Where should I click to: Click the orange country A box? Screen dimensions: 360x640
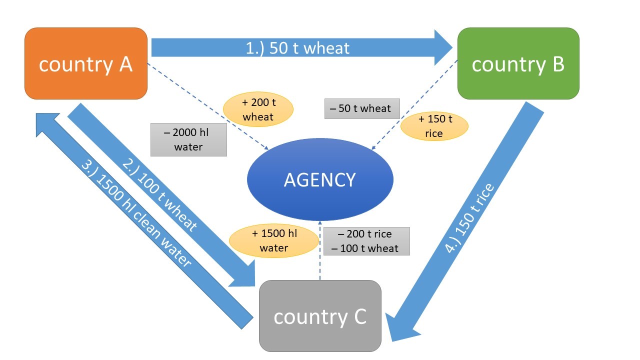coord(85,63)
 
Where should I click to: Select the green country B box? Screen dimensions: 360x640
coord(518,63)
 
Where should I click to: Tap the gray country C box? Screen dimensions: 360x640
coord(320,316)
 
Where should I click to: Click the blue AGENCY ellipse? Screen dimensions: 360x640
coord(320,179)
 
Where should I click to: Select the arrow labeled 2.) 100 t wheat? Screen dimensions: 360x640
coord(160,195)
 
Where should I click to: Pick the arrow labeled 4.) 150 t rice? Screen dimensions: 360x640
coord(470,220)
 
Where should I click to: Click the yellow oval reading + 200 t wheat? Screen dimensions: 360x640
coord(258,110)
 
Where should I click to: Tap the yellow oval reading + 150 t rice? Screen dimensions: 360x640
coord(434,126)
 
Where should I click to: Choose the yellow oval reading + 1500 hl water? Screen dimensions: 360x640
coord(274,241)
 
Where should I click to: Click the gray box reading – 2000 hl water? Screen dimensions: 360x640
coord(188,140)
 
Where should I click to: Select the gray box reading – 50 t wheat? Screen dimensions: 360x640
coord(361,108)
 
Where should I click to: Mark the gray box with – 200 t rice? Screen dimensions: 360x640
coord(366,241)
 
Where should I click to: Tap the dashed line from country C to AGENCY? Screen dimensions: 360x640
coord(320,250)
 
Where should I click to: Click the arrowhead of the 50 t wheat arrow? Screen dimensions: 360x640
coord(442,48)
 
